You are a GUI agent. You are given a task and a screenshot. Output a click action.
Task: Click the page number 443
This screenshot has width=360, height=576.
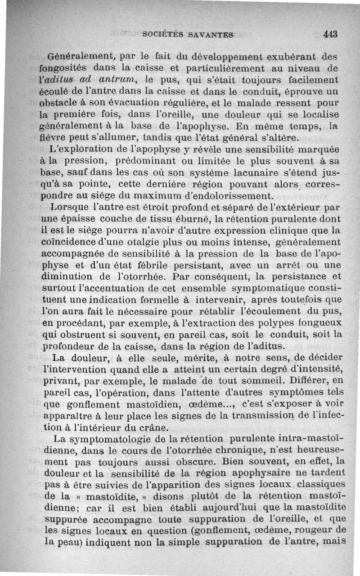coord(330,34)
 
